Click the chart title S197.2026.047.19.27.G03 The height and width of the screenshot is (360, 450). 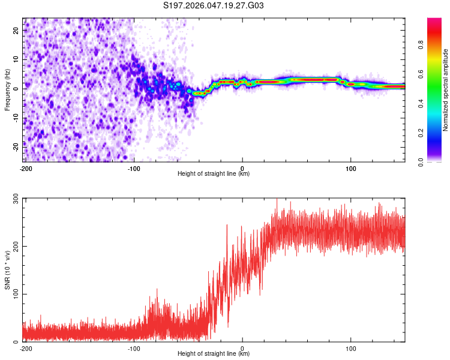coord(214,6)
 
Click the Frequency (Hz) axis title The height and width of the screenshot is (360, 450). coord(7,90)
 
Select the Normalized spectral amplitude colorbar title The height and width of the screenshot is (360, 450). coord(445,90)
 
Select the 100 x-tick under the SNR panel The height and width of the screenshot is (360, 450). coord(351,347)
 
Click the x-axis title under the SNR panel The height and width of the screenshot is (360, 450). coord(214,354)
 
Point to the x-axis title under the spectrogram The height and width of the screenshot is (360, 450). coord(214,174)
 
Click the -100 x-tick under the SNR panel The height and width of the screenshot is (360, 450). coord(134,347)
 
